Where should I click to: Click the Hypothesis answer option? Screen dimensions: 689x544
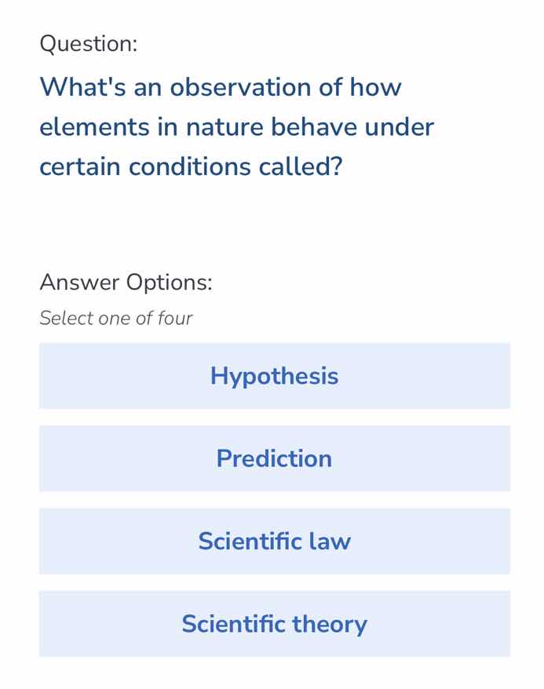click(x=274, y=376)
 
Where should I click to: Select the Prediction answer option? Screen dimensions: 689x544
click(x=274, y=458)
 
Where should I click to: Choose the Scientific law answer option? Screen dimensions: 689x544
click(x=274, y=541)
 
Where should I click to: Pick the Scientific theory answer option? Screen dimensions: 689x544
click(x=274, y=624)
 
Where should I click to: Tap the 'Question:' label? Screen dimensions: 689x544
click(x=88, y=45)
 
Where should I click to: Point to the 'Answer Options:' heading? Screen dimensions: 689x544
click(x=126, y=282)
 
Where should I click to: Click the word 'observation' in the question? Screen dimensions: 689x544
click(x=240, y=87)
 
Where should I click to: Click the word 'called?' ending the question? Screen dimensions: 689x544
click(x=301, y=167)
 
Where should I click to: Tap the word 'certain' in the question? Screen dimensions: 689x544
click(x=81, y=167)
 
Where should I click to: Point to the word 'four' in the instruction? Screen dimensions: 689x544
click(x=174, y=319)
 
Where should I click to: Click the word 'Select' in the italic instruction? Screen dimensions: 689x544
click(x=65, y=319)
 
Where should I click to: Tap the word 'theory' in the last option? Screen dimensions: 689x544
click(x=330, y=625)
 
